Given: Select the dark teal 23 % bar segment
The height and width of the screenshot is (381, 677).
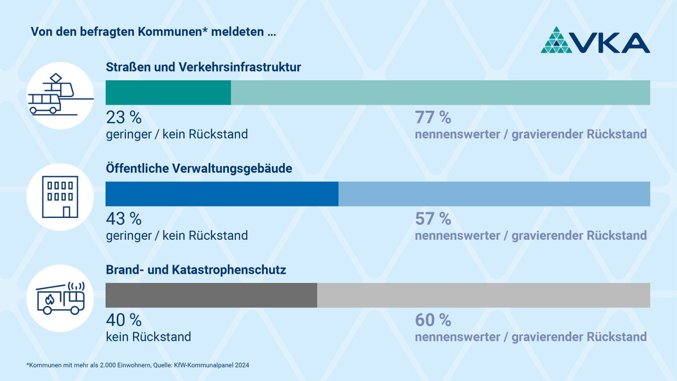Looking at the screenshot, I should (x=168, y=93).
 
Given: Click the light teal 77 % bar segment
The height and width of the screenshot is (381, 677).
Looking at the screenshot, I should (x=440, y=93).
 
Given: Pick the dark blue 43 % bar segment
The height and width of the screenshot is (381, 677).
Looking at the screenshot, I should (x=222, y=194).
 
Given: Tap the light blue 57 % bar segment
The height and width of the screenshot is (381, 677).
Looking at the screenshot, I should (x=494, y=194).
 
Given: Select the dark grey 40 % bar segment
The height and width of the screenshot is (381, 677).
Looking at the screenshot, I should (x=212, y=295).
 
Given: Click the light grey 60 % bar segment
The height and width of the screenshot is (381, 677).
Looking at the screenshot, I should (x=483, y=295).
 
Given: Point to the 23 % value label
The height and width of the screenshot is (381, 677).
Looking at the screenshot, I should (x=124, y=117).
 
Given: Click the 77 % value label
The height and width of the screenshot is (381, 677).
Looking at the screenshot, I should (x=433, y=117).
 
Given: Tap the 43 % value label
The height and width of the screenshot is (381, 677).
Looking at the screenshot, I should (x=124, y=218).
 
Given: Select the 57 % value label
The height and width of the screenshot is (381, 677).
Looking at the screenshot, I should (x=433, y=218).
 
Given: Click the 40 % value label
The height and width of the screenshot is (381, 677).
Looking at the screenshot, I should (x=124, y=320).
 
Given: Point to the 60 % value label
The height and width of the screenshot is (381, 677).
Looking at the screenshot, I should (x=433, y=320).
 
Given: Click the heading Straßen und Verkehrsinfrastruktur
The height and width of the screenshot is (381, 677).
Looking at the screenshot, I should (x=204, y=67).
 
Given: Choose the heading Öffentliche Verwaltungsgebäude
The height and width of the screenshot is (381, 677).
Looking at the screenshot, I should (x=199, y=168).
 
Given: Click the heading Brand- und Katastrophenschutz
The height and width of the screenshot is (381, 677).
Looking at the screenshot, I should (x=196, y=270).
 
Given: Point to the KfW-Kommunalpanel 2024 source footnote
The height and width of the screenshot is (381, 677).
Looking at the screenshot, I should (x=138, y=365).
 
